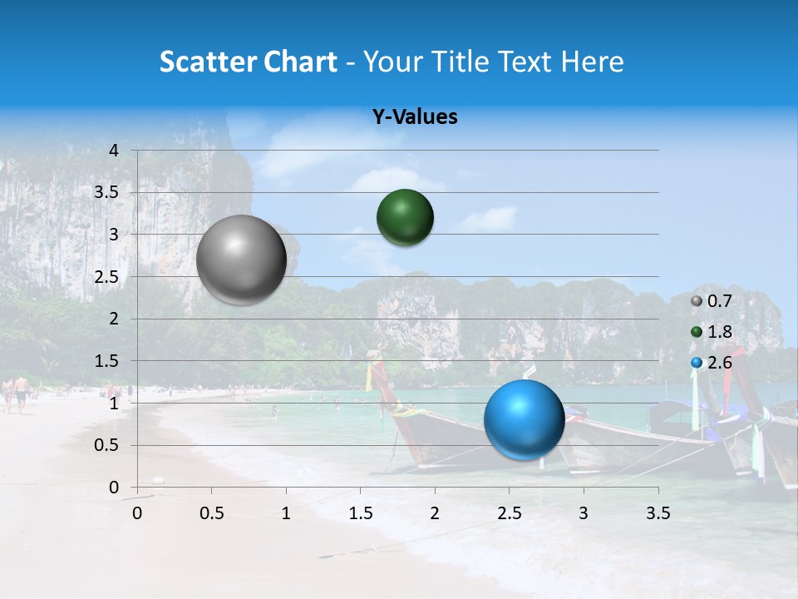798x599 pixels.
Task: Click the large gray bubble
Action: point(242,260)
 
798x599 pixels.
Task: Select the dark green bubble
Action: point(405,218)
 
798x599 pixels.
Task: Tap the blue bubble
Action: point(524,419)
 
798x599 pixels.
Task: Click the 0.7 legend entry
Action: point(712,301)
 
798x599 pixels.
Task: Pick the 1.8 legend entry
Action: point(712,332)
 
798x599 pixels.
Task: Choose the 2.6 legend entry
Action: point(712,362)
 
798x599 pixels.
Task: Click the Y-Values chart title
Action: point(415,117)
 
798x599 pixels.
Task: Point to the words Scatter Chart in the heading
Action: point(248,61)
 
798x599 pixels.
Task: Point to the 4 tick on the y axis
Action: point(114,151)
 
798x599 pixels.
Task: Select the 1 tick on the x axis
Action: point(286,513)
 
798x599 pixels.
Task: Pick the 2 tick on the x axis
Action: point(435,513)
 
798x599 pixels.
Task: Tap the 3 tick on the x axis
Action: point(584,513)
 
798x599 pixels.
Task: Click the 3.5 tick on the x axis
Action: point(658,513)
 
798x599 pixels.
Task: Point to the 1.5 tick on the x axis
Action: point(360,513)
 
